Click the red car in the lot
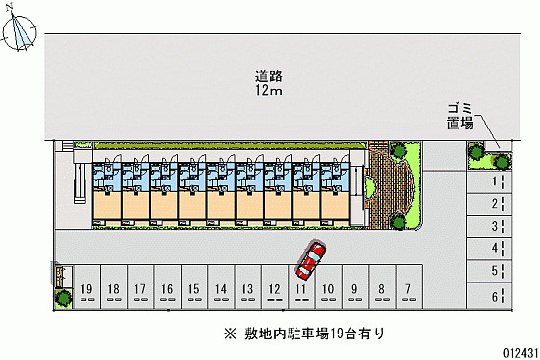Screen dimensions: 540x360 coord(310,260)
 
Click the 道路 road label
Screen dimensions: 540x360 coord(267,76)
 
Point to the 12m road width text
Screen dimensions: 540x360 coord(267,91)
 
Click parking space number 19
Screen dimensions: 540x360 coord(87,288)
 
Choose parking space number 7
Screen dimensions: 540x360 coord(407,288)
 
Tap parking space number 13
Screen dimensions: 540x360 coord(248,288)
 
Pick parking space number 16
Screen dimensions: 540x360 coord(168,288)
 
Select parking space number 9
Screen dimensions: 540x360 coord(354,288)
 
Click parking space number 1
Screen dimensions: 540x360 coord(495,181)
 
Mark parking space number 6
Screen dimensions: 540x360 coord(495,293)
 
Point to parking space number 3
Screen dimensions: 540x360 coord(495,227)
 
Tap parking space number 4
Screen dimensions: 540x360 coord(495,249)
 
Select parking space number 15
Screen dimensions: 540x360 coord(194,288)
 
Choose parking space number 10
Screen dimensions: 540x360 coord(328,288)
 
